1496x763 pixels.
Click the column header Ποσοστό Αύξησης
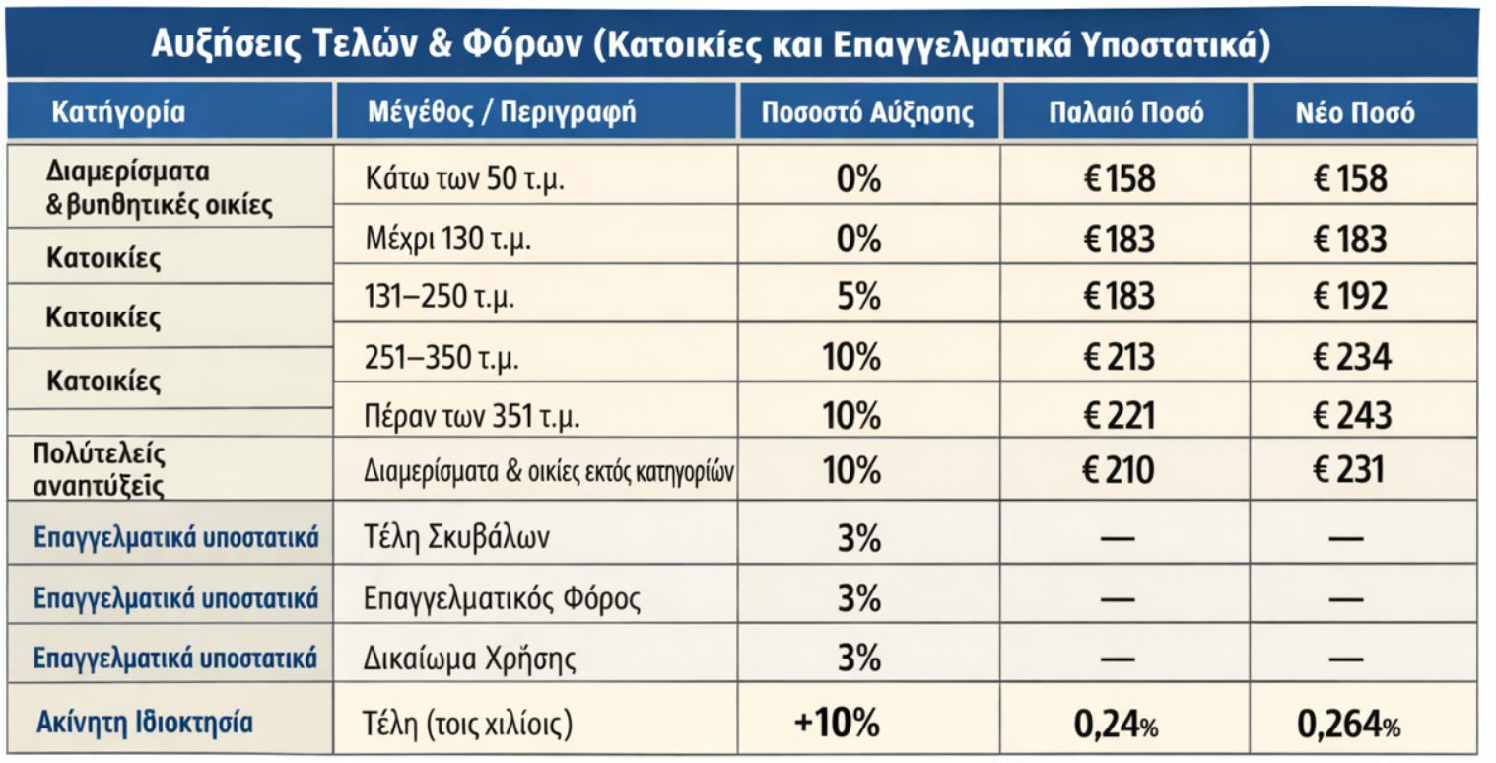click(x=867, y=112)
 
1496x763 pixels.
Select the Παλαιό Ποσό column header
click(x=1124, y=112)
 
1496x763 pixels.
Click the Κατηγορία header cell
click(x=118, y=111)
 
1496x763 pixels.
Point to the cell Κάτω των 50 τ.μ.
click(x=463, y=180)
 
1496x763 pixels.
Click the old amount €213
click(x=1119, y=356)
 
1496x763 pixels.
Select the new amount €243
click(x=1351, y=415)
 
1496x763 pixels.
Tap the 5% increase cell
click(x=857, y=296)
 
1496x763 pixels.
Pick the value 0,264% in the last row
click(x=1347, y=726)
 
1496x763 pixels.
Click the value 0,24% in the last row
click(x=1116, y=726)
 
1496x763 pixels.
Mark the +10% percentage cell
click(x=837, y=724)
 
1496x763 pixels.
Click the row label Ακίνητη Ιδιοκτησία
click(x=145, y=723)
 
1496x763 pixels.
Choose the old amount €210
click(x=1119, y=470)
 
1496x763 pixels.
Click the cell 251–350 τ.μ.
click(x=442, y=359)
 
